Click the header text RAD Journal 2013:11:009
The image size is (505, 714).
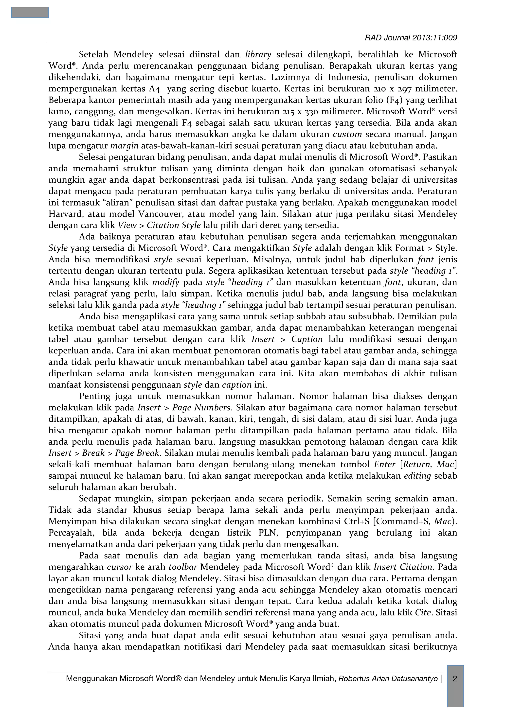click(x=411, y=38)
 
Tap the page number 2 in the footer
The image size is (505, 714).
click(x=455, y=679)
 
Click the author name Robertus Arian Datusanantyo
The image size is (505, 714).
click(x=388, y=679)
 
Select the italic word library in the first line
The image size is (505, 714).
click(x=258, y=55)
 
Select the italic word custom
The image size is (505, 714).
click(x=347, y=135)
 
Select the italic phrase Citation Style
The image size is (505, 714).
click(x=174, y=226)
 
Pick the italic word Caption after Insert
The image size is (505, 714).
click(x=307, y=339)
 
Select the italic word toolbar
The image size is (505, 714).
click(x=183, y=567)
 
